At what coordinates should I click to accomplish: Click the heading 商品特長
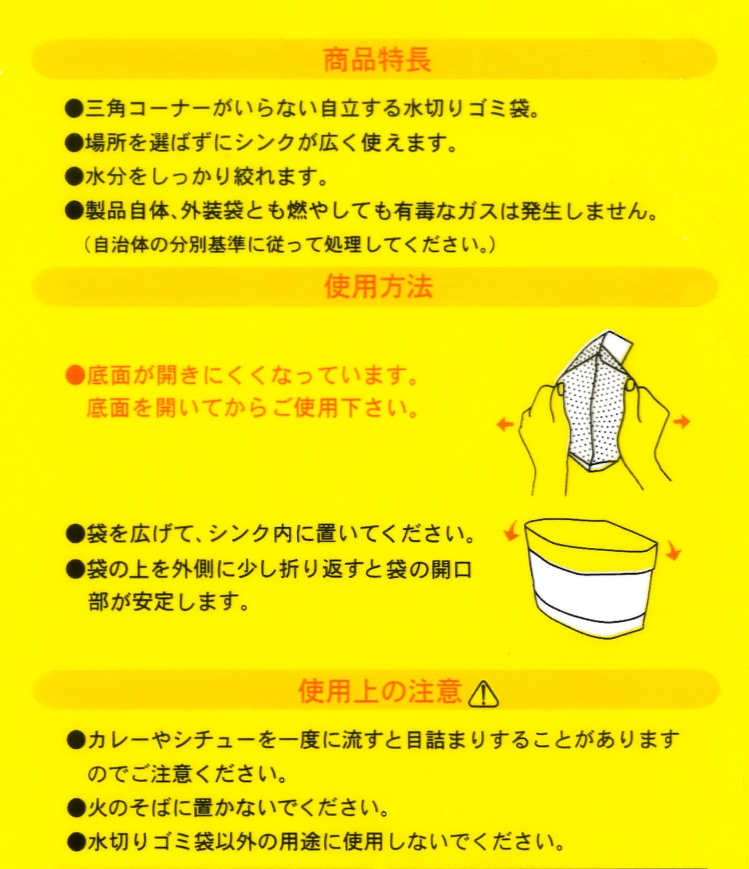[377, 60]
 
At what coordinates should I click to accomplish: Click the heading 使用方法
[378, 287]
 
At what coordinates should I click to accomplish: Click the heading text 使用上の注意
[380, 692]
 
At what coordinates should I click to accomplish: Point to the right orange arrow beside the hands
[681, 421]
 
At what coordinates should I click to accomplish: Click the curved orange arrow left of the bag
[511, 535]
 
